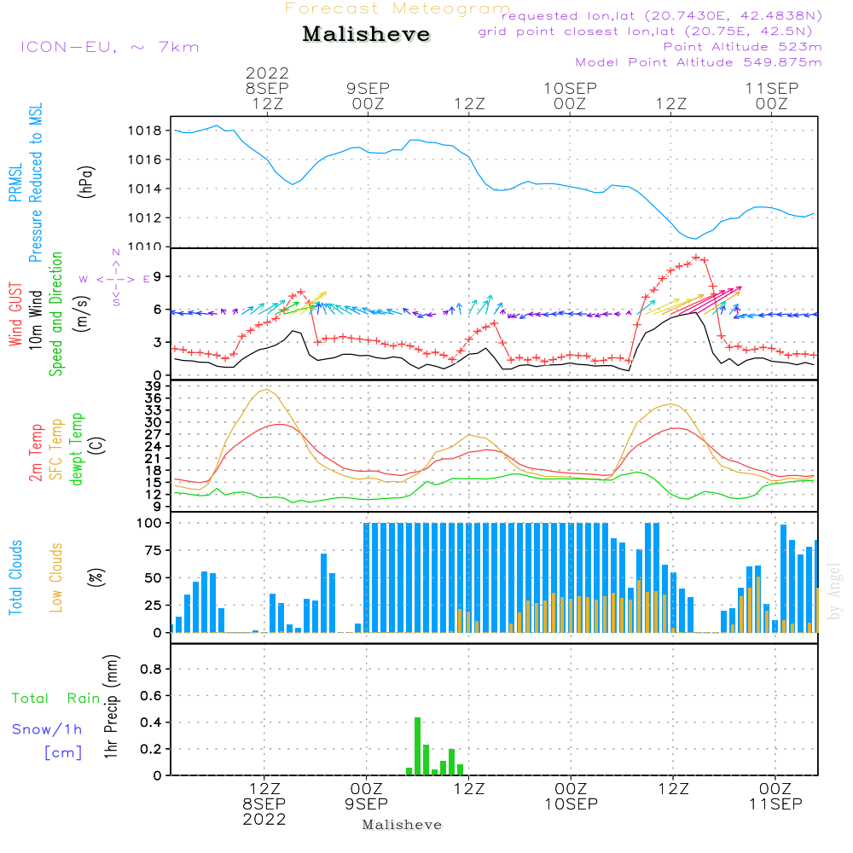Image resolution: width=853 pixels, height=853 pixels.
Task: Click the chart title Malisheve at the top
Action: [366, 34]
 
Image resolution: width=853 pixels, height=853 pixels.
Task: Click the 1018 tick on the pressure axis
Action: [145, 131]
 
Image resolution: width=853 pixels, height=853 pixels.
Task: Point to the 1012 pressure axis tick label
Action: [145, 218]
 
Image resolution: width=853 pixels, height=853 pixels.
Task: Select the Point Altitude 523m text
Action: [742, 47]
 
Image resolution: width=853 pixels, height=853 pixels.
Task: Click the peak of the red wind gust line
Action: [696, 257]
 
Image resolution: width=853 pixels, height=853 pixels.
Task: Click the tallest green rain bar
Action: [418, 746]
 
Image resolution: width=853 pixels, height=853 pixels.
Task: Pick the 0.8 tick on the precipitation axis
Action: [151, 669]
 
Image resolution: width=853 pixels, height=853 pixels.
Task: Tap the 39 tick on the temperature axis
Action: [153, 386]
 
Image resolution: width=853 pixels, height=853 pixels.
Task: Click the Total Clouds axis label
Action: [15, 577]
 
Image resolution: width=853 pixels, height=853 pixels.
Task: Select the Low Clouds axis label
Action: [56, 577]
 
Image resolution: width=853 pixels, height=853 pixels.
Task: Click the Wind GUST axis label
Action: [15, 314]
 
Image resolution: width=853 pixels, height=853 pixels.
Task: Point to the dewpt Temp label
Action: [76, 449]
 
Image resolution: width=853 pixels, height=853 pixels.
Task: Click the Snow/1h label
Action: [47, 729]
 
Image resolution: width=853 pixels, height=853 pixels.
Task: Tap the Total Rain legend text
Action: [55, 698]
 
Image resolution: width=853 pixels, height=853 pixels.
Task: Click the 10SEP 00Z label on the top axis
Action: [570, 96]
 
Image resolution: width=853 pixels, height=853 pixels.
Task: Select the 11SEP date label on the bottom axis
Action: [775, 804]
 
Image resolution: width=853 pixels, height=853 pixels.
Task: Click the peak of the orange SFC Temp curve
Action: [266, 390]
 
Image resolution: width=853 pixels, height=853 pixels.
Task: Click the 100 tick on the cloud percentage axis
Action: [149, 523]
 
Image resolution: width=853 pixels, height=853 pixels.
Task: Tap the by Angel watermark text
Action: [834, 591]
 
